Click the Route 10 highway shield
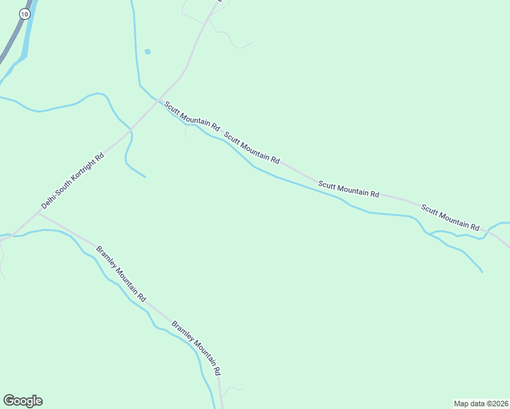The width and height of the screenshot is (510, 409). (x=25, y=14)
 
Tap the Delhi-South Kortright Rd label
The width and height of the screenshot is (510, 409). (x=72, y=180)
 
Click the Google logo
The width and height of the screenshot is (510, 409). (x=22, y=401)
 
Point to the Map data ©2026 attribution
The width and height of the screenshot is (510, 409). (x=481, y=403)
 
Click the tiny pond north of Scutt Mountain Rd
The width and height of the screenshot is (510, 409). (x=147, y=51)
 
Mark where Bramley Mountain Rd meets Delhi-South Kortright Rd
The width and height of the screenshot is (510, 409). (x=38, y=212)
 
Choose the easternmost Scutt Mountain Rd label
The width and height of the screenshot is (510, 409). (x=450, y=217)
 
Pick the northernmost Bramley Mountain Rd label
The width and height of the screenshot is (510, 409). (x=121, y=273)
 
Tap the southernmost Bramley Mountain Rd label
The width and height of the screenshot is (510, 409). (x=196, y=348)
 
